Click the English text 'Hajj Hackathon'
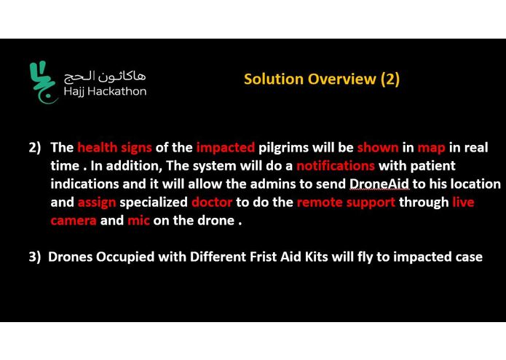(105, 92)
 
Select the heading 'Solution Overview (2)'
(321, 79)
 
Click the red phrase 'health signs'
(114, 147)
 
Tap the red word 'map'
(431, 147)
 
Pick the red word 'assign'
(96, 202)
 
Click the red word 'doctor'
(212, 202)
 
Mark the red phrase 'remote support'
(346, 202)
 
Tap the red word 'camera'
(73, 220)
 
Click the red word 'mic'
(138, 220)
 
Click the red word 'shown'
(377, 147)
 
